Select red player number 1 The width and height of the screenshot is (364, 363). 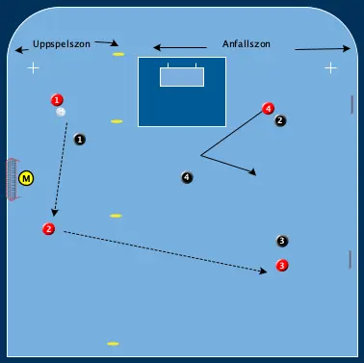(57, 100)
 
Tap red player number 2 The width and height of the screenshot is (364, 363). (48, 229)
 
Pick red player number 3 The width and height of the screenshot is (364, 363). (281, 265)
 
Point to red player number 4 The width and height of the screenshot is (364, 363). (268, 109)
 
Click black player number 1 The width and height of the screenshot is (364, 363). (80, 140)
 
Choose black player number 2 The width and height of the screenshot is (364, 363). (279, 121)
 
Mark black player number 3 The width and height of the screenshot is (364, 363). (281, 241)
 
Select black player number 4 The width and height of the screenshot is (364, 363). (187, 177)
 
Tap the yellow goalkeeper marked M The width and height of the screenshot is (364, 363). (26, 178)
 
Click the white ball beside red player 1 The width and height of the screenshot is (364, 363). (61, 113)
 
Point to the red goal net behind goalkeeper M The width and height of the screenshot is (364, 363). (11, 178)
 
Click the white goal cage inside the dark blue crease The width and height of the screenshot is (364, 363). (182, 75)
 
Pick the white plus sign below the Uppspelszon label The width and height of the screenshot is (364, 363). (34, 68)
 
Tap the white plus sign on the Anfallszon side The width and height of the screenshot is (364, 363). (330, 67)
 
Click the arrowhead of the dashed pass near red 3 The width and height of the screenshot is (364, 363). (263, 272)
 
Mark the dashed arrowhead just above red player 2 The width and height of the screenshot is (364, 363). (54, 214)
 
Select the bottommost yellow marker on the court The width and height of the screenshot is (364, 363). (113, 344)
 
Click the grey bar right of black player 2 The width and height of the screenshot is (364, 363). (352, 105)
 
